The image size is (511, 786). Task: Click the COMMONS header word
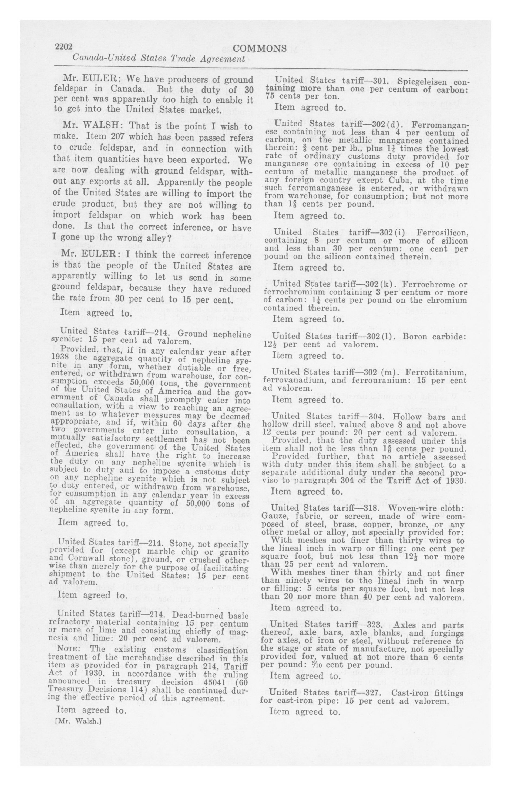point(260,49)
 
